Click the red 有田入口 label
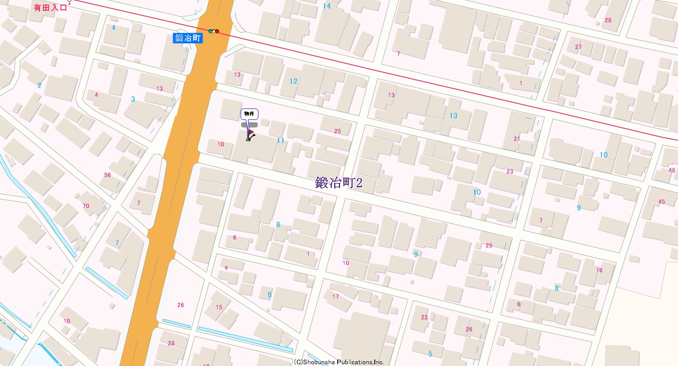pyautogui.click(x=50, y=8)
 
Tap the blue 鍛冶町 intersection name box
pyautogui.click(x=188, y=38)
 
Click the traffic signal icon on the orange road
pyautogui.click(x=214, y=31)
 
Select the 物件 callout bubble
pyautogui.click(x=249, y=113)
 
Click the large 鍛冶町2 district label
pyautogui.click(x=339, y=183)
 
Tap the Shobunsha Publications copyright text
pyautogui.click(x=339, y=362)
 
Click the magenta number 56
pyautogui.click(x=107, y=175)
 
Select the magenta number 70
pyautogui.click(x=86, y=206)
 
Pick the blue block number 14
pyautogui.click(x=326, y=6)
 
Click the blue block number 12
pyautogui.click(x=293, y=81)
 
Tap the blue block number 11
pyautogui.click(x=280, y=140)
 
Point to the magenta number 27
pyautogui.click(x=578, y=47)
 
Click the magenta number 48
pyautogui.click(x=672, y=170)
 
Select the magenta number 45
pyautogui.click(x=661, y=201)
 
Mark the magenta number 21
pyautogui.click(x=517, y=139)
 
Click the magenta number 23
pyautogui.click(x=510, y=171)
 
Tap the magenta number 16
pyautogui.click(x=599, y=270)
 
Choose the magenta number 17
pyautogui.click(x=336, y=296)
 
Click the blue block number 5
pyautogui.click(x=430, y=354)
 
